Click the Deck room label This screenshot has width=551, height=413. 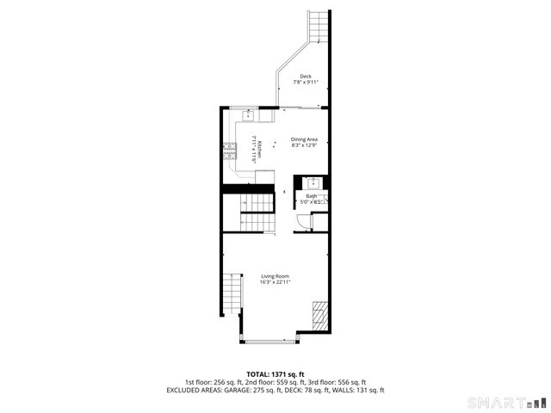tap(306, 76)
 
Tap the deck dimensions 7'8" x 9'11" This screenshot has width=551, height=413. tap(306, 83)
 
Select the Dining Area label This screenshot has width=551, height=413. tap(304, 139)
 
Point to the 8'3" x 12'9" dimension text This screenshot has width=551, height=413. tap(304, 146)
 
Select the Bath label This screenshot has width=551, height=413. tap(311, 196)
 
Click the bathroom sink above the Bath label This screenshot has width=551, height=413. tap(313, 182)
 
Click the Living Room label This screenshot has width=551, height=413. tap(275, 275)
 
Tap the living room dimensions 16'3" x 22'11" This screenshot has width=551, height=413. tap(275, 282)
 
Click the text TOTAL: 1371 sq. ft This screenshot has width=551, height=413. tap(275, 374)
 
